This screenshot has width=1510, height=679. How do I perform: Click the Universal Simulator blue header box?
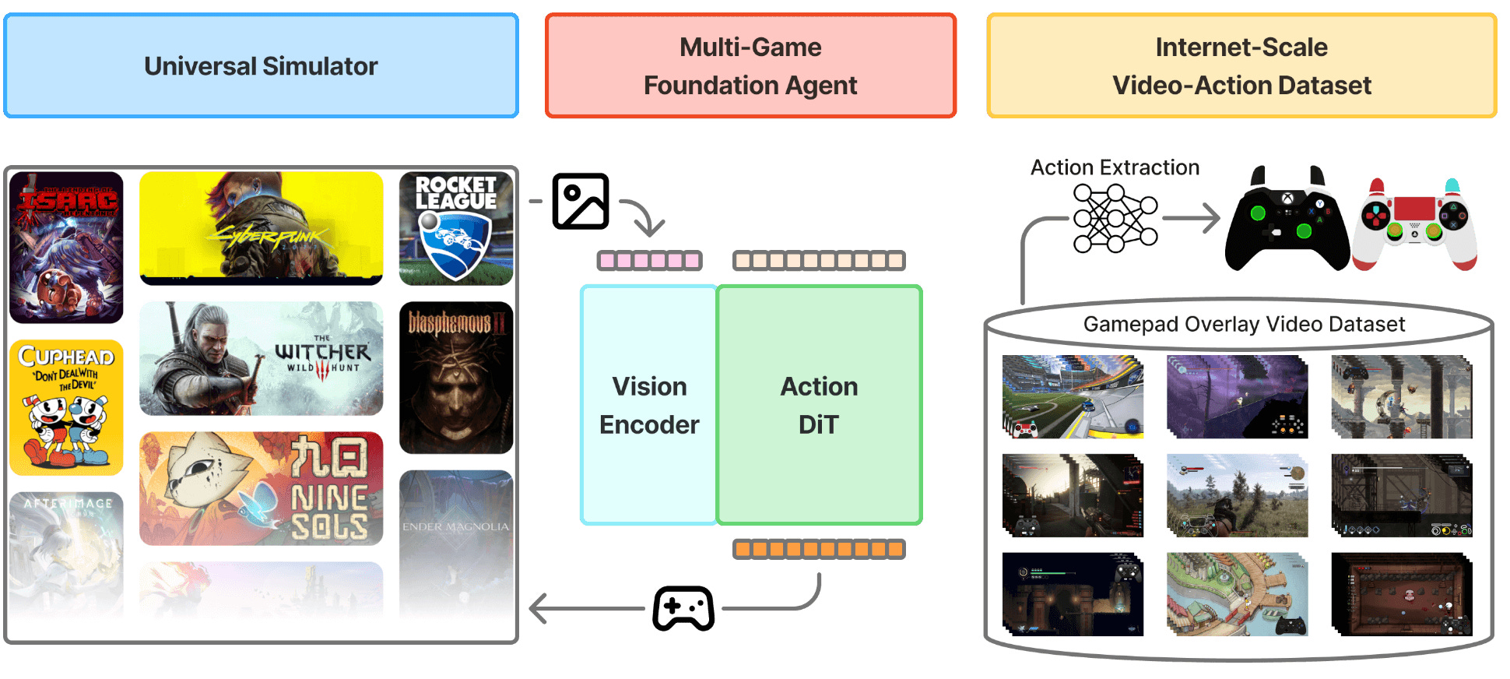(261, 66)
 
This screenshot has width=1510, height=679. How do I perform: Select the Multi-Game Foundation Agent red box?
(750, 66)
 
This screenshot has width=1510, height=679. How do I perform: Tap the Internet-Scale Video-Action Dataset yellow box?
(1241, 66)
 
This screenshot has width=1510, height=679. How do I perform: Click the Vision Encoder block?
(649, 405)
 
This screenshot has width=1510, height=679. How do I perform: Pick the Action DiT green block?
(819, 405)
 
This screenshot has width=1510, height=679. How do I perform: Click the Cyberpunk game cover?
(261, 227)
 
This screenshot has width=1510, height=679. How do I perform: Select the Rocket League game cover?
(456, 227)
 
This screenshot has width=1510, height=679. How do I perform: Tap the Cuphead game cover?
(66, 406)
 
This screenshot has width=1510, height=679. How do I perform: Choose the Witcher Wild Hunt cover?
(261, 358)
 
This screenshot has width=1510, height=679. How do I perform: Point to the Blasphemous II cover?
(456, 377)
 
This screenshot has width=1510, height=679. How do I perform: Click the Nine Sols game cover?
(261, 488)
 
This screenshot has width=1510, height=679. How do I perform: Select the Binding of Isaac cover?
(66, 247)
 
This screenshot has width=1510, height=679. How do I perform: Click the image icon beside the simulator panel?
(581, 201)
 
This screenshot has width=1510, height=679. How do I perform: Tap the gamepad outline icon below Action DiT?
(683, 608)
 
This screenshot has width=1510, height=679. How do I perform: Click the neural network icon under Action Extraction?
(1115, 218)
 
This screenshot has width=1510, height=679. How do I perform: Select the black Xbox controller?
(1287, 220)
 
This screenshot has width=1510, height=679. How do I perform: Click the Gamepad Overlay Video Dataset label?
(1244, 324)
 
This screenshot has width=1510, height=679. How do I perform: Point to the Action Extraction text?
(1115, 167)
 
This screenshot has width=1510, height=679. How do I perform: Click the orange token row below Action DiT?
(819, 550)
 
